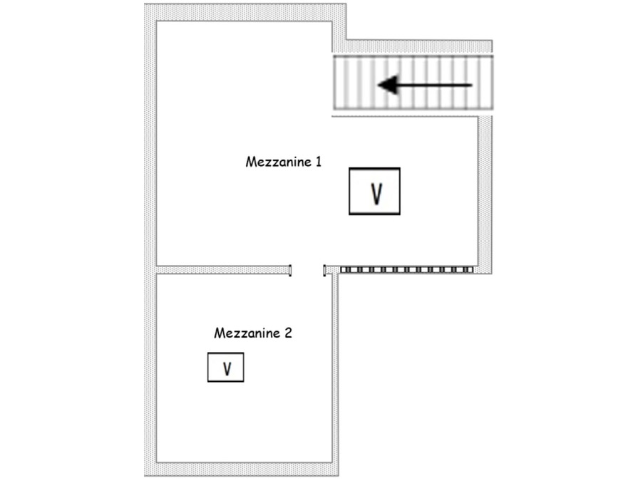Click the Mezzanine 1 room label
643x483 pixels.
[283, 162]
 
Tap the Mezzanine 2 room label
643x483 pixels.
[253, 333]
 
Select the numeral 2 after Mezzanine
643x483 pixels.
[288, 333]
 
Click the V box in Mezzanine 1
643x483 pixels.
[374, 191]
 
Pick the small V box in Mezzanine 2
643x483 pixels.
[225, 368]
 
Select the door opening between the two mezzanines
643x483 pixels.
[307, 270]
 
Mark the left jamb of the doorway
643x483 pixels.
[290, 270]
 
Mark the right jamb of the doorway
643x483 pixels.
[325, 270]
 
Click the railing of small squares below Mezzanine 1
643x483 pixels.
[406, 270]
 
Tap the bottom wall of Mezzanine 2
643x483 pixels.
[242, 469]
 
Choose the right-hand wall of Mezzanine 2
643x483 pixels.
[334, 370]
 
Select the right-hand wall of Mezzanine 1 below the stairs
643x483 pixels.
[485, 192]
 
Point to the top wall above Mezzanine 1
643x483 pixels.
[242, 12]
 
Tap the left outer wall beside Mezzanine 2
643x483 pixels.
[150, 370]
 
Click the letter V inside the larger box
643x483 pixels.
[376, 193]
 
